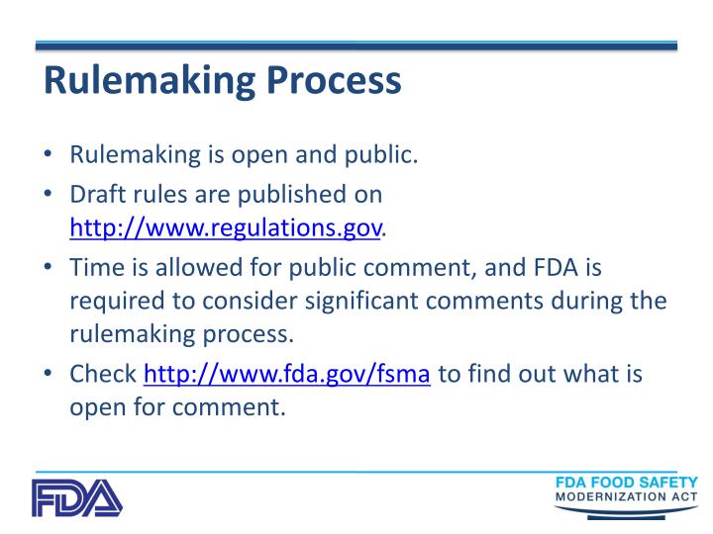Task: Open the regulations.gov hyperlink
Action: pos(225,229)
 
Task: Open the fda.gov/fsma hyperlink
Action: pos(287,375)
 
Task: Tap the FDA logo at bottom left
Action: pos(76,498)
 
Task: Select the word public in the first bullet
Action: pos(383,155)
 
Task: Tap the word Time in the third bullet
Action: pos(93,267)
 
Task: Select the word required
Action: pos(113,301)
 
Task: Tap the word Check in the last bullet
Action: pos(103,375)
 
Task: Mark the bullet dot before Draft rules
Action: pos(50,194)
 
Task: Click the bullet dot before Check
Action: pos(50,376)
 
